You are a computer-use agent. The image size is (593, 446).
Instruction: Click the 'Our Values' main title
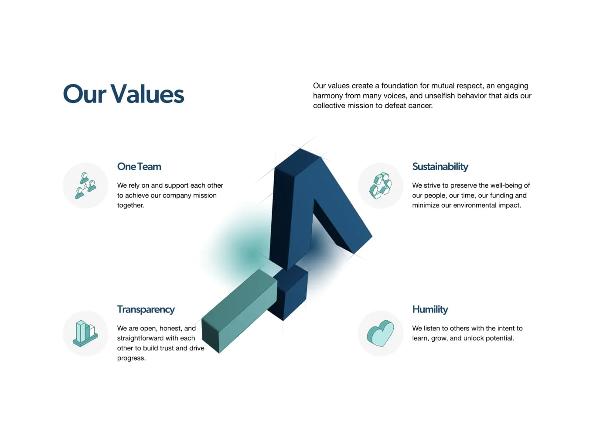(123, 94)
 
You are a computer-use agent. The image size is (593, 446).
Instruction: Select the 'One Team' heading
(139, 167)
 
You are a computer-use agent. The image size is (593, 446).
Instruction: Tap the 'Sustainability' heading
(440, 167)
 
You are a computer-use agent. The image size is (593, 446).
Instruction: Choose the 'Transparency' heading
(146, 310)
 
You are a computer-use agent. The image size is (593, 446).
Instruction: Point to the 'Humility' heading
(430, 310)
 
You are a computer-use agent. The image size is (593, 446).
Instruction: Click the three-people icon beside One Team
(85, 186)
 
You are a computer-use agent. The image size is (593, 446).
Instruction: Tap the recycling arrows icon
(380, 185)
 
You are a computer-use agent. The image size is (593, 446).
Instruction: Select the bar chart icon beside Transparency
(85, 333)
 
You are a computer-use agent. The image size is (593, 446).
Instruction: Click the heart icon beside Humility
(380, 333)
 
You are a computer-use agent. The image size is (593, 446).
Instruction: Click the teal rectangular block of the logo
(239, 311)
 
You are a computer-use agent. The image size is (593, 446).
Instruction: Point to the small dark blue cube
(289, 293)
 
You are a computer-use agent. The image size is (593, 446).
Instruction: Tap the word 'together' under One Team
(130, 206)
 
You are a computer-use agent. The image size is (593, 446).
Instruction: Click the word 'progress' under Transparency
(131, 358)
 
